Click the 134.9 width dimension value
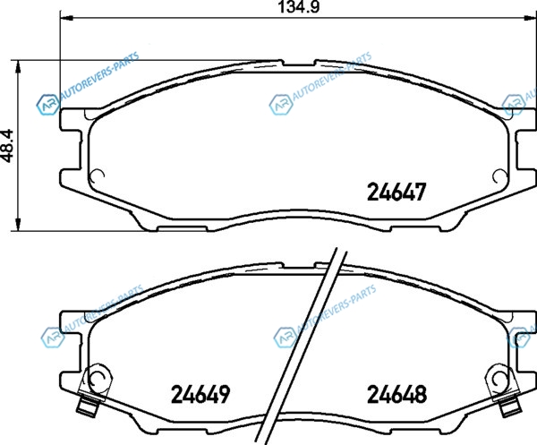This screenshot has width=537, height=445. click(x=298, y=7)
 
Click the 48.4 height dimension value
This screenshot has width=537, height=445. click(x=7, y=146)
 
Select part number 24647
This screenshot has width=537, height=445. click(x=396, y=192)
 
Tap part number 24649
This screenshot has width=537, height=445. click(x=200, y=394)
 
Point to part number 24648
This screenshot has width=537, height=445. click(x=396, y=394)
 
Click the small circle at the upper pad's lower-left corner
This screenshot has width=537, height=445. click(x=97, y=176)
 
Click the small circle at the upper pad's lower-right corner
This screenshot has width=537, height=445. click(x=499, y=176)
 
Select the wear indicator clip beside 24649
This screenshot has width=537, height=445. click(x=93, y=388)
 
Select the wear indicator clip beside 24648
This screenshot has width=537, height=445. click(x=503, y=389)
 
